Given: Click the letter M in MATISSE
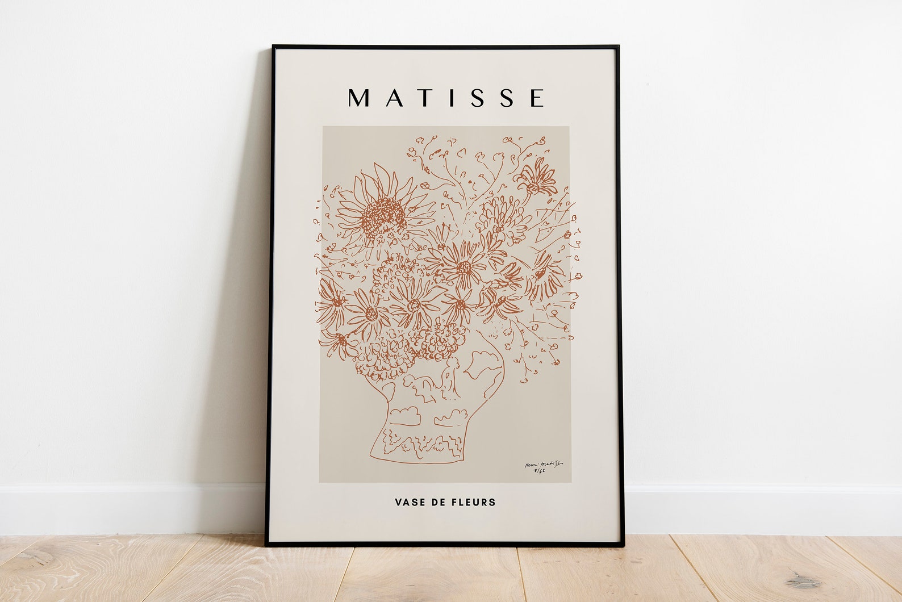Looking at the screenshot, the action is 360,98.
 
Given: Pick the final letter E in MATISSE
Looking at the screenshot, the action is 536,98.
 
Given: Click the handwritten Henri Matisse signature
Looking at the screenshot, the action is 544,464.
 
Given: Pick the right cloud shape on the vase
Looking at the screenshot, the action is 450,417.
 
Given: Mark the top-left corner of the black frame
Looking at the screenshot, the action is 273,46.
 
